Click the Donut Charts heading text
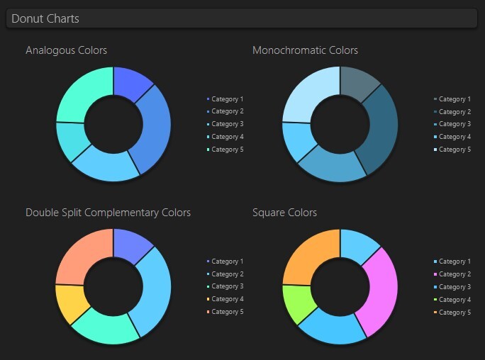point(45,18)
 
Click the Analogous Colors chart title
point(66,50)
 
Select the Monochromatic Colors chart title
point(305,50)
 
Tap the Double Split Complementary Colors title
point(108,213)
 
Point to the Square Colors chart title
point(284,213)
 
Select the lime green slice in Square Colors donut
point(297,303)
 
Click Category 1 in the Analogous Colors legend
point(227,99)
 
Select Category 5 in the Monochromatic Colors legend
point(455,150)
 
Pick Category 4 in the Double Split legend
point(227,299)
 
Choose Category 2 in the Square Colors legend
point(455,274)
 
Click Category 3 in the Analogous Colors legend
point(227,124)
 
